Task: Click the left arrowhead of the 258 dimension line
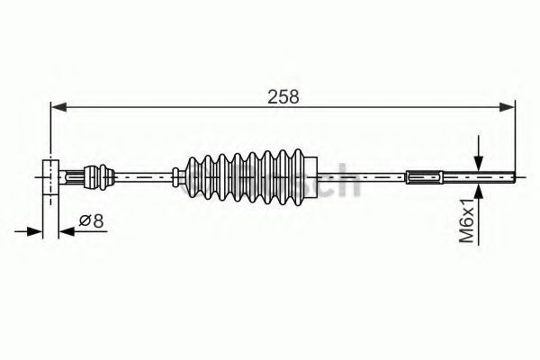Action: click(57, 108)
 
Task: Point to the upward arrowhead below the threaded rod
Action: click(479, 190)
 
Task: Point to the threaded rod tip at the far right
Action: click(499, 176)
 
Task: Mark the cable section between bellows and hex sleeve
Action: click(360, 176)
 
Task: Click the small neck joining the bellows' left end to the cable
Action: click(177, 175)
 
